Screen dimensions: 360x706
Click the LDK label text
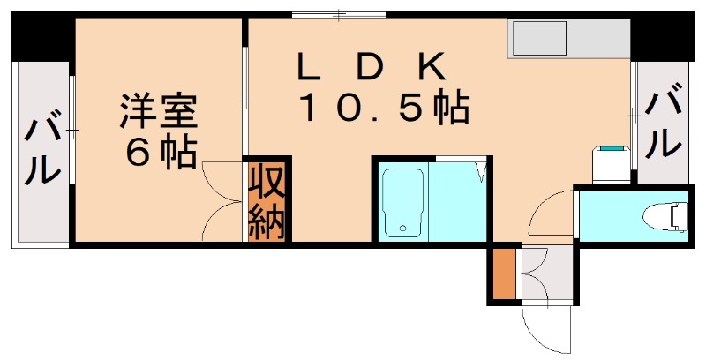pos(375,67)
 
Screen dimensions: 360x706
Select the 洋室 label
pos(159,112)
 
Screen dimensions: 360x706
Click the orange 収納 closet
pos(267,201)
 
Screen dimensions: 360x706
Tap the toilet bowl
pos(661,214)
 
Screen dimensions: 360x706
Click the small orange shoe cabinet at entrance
pos(502,274)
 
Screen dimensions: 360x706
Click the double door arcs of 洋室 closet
pos(221,199)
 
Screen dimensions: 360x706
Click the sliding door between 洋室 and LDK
pos(245,102)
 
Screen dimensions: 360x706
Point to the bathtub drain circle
pos(402,229)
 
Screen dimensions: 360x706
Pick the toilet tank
pos(680,214)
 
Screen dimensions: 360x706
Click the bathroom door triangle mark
pos(483,170)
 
